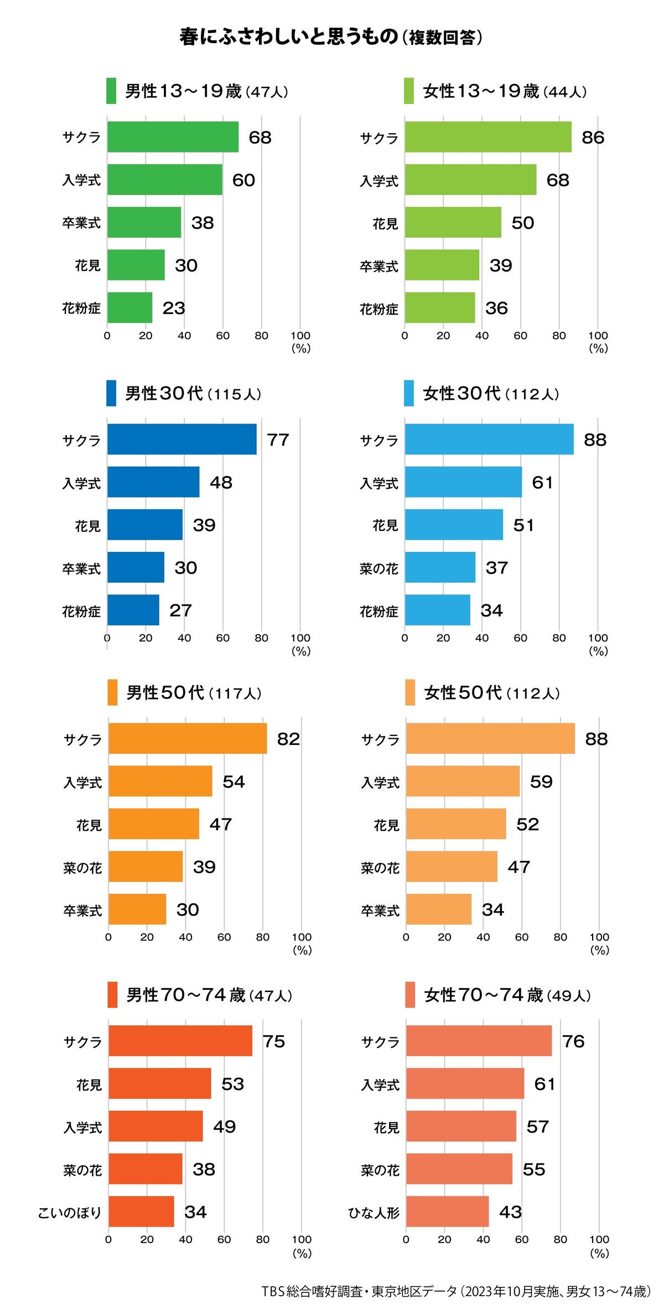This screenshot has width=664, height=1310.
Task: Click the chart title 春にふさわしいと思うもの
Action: click(289, 37)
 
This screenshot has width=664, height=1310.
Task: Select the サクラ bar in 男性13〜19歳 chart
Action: click(173, 137)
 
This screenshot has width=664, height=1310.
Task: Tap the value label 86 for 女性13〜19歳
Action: click(593, 138)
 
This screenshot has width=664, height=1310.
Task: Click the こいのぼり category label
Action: click(70, 1213)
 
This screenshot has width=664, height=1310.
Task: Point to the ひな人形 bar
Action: click(447, 1212)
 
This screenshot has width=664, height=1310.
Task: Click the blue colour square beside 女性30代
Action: click(409, 393)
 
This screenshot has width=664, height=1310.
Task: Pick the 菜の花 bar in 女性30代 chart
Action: click(440, 567)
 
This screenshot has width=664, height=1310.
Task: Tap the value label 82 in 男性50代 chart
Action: click(288, 739)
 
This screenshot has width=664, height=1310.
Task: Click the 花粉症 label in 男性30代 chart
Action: click(81, 611)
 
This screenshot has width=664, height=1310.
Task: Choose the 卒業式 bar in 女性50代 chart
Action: click(439, 909)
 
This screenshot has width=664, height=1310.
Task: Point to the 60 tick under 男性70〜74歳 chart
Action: click(224, 1240)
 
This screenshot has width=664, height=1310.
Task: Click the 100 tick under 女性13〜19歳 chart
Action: click(598, 336)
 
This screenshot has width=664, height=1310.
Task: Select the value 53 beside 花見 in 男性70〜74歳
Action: click(232, 1084)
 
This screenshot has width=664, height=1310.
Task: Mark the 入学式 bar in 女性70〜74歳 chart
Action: click(465, 1083)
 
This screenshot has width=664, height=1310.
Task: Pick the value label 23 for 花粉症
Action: click(174, 308)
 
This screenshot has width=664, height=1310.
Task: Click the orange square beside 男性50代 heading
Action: click(112, 692)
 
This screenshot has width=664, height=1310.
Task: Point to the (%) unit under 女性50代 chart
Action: click(599, 950)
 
